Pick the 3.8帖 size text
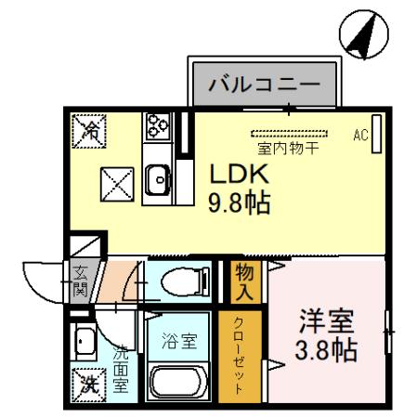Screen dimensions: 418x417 [x=327, y=352]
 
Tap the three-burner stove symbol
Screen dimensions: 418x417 [x=155, y=124]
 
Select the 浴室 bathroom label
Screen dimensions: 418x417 [x=180, y=340]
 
